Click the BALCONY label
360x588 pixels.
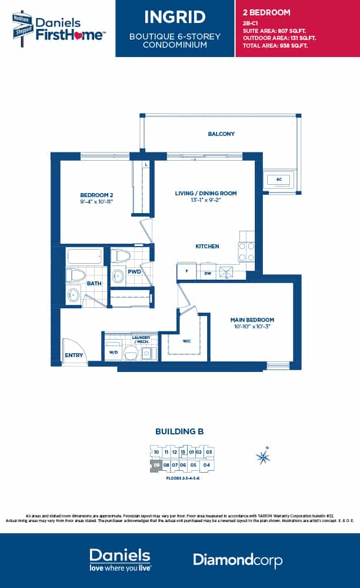(x=221, y=134)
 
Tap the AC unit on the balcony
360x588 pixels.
(x=279, y=180)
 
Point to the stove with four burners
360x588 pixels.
(x=246, y=253)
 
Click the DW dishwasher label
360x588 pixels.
(x=206, y=273)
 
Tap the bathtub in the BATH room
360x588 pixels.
(x=85, y=256)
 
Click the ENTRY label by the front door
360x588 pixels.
(x=74, y=355)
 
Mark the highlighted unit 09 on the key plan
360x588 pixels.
(x=156, y=465)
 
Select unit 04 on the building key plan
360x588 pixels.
(x=206, y=465)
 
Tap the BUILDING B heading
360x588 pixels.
(x=179, y=431)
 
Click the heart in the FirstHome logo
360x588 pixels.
(x=82, y=35)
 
